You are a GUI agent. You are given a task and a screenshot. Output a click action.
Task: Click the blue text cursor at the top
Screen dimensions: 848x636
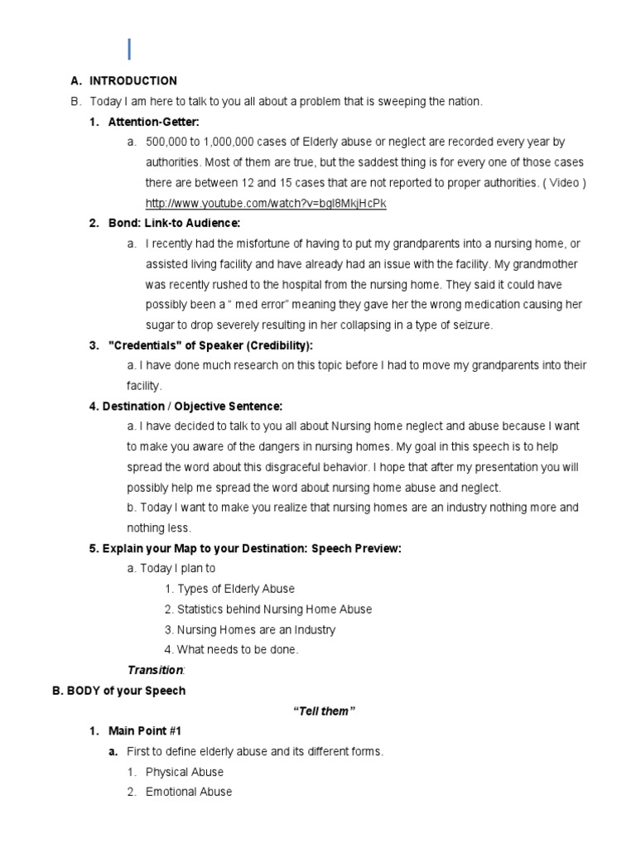tap(129, 49)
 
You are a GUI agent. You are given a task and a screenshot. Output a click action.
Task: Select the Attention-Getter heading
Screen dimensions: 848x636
tap(153, 122)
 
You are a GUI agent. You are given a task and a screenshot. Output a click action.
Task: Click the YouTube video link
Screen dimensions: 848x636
tap(266, 203)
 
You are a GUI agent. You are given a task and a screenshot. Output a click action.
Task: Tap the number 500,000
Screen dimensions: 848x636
tap(167, 142)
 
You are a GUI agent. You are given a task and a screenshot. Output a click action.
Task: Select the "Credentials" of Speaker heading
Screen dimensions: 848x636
tap(210, 345)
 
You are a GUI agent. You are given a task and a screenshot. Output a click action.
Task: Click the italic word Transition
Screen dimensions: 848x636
tap(155, 670)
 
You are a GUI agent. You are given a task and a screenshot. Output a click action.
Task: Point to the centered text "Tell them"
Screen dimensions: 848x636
tap(325, 711)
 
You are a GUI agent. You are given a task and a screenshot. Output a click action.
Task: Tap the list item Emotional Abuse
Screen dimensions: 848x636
tap(189, 792)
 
